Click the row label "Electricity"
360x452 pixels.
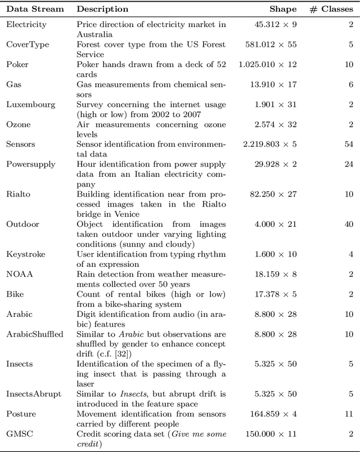tap(26, 24)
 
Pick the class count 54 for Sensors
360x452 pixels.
tap(348, 144)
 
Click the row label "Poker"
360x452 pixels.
tap(17, 64)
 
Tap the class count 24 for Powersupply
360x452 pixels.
tap(348, 164)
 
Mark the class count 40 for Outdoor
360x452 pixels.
tap(348, 224)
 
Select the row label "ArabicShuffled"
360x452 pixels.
tap(34, 334)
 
